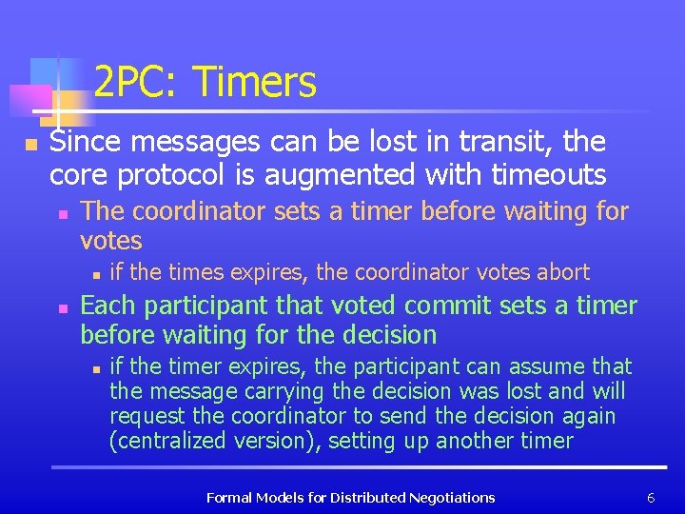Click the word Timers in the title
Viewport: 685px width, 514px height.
254,83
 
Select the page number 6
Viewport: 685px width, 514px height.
651,497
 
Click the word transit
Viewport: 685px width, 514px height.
508,143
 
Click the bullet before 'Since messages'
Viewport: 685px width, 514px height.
30,145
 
